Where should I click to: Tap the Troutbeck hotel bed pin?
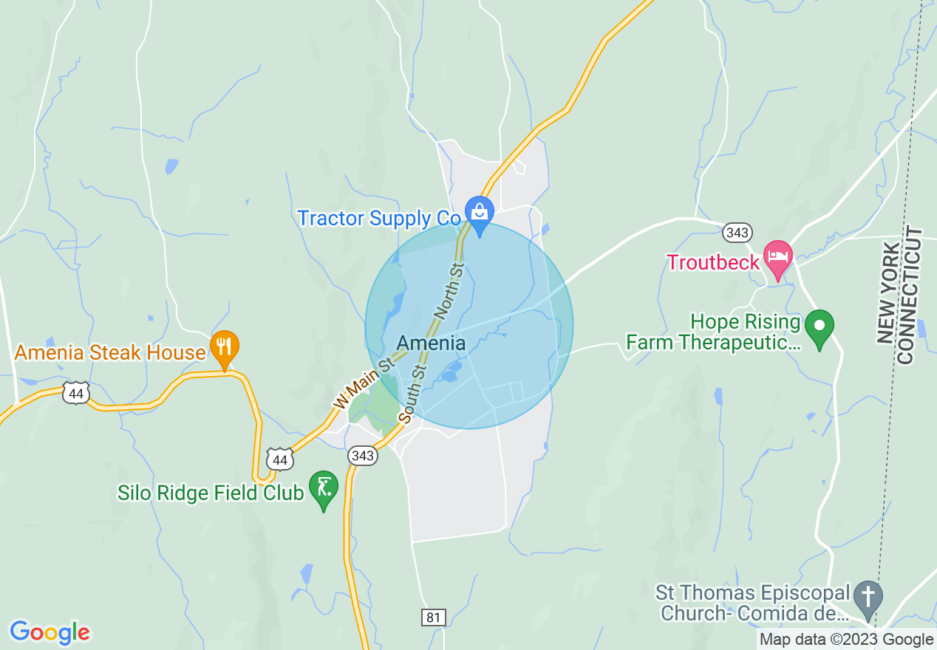click(x=777, y=258)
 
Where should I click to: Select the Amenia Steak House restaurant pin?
click(x=224, y=347)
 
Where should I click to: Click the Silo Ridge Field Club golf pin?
click(x=324, y=488)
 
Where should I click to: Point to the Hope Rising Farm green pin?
click(x=819, y=326)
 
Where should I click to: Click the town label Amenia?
click(x=431, y=343)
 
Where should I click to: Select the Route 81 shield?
click(x=434, y=617)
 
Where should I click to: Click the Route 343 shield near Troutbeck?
click(x=737, y=233)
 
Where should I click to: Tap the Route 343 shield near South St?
click(x=363, y=456)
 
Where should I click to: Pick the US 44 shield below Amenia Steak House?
click(x=75, y=394)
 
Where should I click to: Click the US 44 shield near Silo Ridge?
click(x=279, y=460)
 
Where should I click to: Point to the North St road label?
click(x=449, y=290)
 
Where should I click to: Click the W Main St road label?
click(x=362, y=383)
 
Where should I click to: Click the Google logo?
click(x=50, y=632)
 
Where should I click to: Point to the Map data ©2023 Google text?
click(x=847, y=640)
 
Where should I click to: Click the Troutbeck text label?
click(x=713, y=262)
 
